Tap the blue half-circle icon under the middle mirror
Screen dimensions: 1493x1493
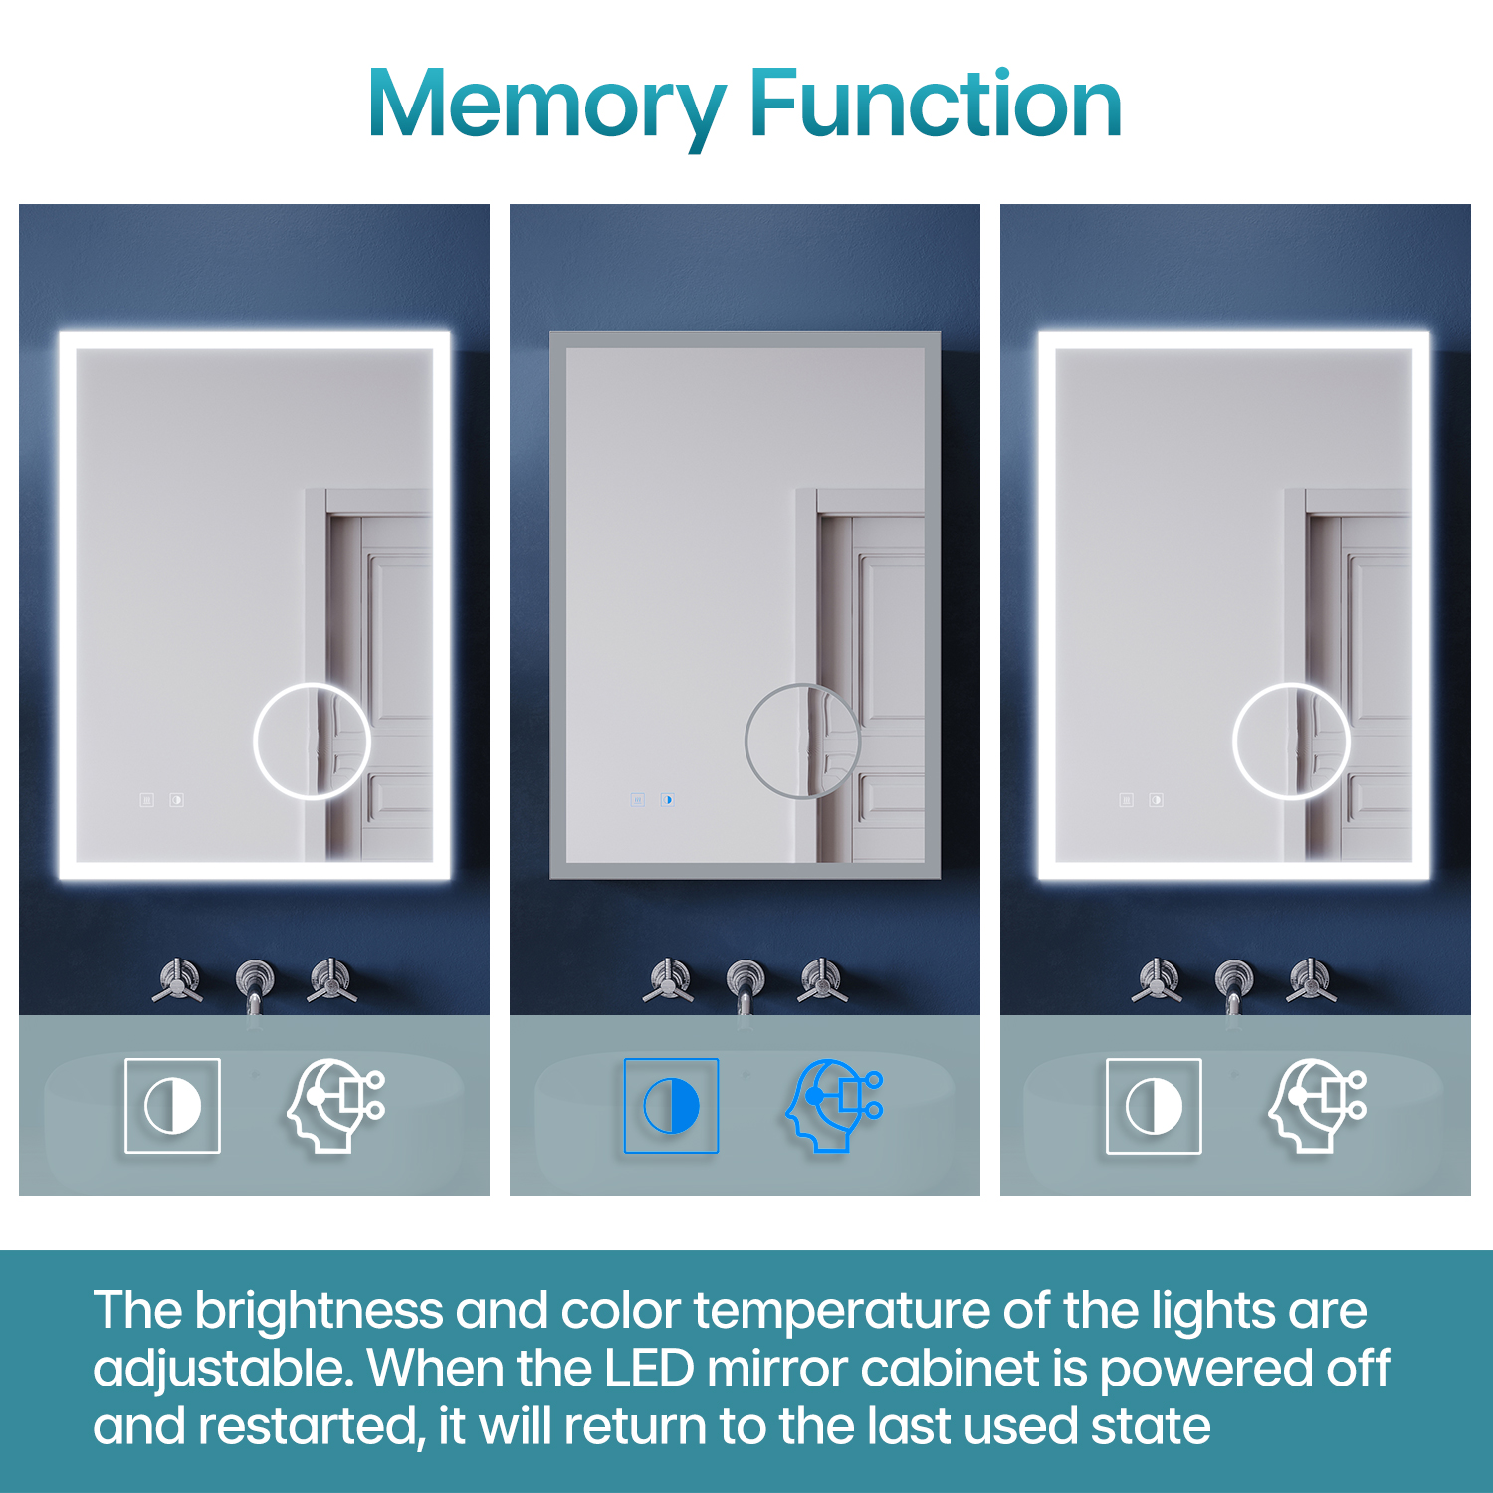tap(671, 1106)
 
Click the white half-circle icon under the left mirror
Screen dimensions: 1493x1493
tap(172, 1106)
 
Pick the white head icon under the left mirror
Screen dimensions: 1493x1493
tap(335, 1106)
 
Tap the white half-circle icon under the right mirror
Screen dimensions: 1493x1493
tap(1154, 1106)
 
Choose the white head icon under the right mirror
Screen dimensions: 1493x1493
tap(1317, 1106)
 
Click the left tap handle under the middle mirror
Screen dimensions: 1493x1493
tap(669, 979)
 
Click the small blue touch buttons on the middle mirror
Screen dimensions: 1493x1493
tap(652, 799)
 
